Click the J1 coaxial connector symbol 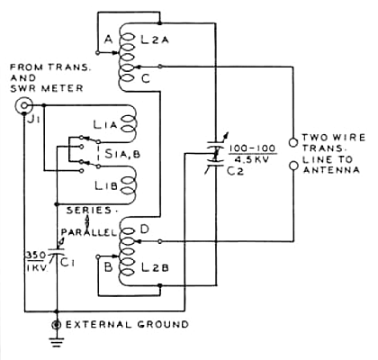(23, 105)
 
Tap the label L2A (155, 40)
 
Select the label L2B (155, 267)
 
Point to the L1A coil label (104, 124)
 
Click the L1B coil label (105, 186)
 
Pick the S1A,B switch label (122, 154)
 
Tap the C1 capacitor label (68, 263)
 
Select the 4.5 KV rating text (252, 159)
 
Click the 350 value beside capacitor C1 (34, 256)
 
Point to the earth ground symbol (57, 342)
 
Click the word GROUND (163, 324)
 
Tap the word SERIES (89, 210)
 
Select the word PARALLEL (88, 232)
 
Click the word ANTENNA (331, 170)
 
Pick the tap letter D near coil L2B (145, 229)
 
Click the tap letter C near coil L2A (146, 78)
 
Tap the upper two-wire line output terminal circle (293, 142)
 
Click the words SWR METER (47, 88)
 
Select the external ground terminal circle (57, 324)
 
